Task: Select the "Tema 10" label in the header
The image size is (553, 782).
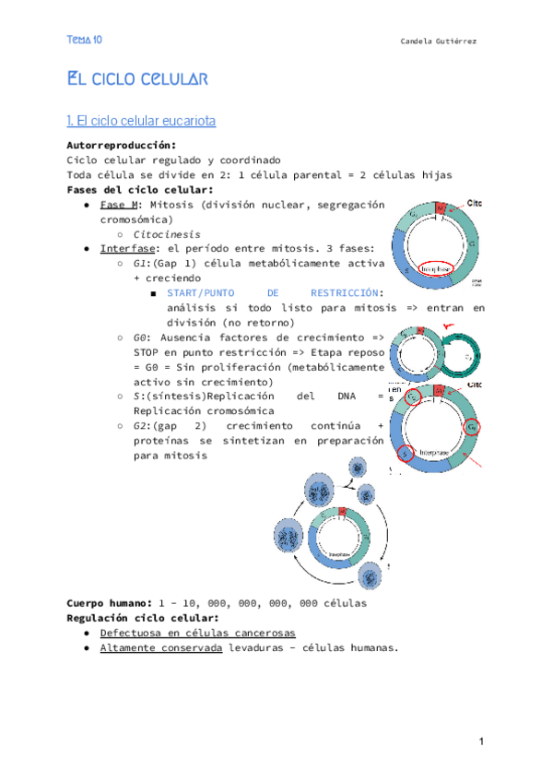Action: point(85,41)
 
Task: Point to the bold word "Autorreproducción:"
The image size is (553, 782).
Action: point(122,145)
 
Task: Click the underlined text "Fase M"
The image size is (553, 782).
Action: point(120,205)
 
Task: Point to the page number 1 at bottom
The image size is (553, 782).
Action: point(481,741)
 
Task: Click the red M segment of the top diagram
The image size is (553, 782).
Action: point(440,208)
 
